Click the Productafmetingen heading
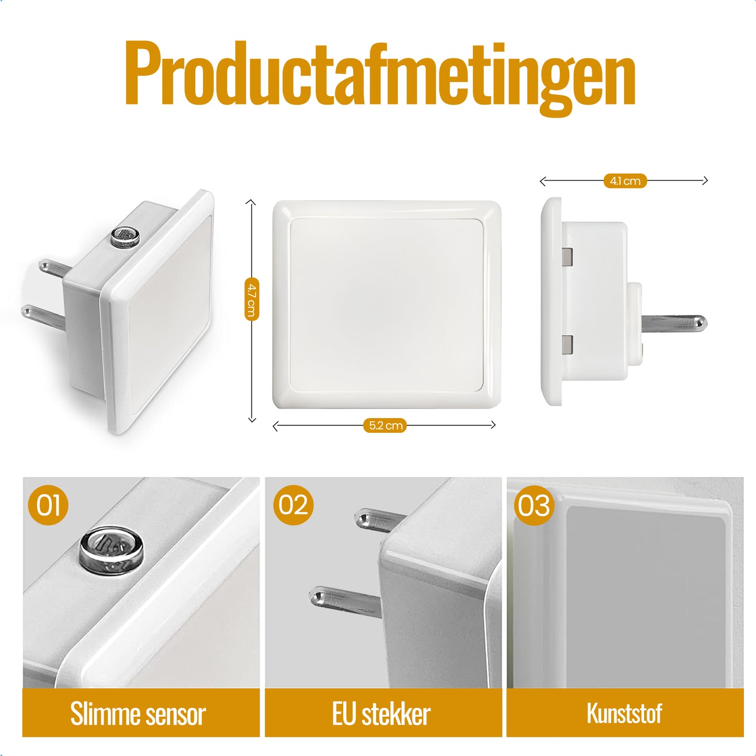(380, 76)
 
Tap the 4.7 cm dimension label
(252, 299)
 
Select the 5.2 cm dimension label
(385, 426)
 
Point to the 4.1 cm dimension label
(625, 181)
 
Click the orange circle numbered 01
(48, 505)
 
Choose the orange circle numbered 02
(293, 505)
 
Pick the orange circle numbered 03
(534, 505)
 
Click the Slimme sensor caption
(138, 714)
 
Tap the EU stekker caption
(381, 714)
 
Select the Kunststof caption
(625, 713)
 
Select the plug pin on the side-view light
(673, 323)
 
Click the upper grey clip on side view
(567, 256)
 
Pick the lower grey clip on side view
(567, 344)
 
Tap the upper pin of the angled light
(55, 269)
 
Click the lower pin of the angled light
(43, 317)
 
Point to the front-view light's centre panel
(387, 305)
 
